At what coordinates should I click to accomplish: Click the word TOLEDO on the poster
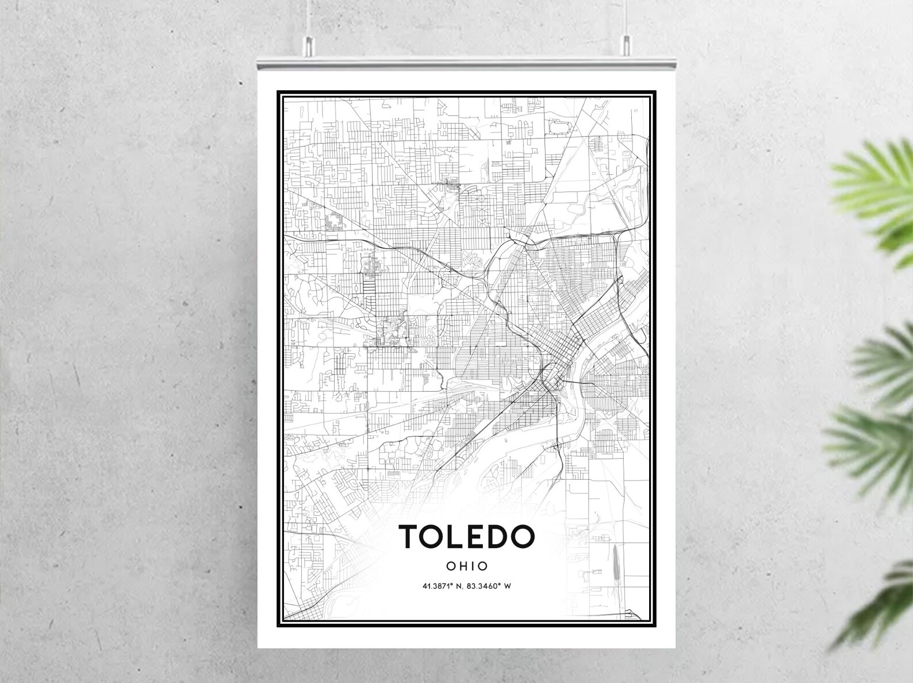coord(467,536)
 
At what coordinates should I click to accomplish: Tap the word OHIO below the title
coord(467,566)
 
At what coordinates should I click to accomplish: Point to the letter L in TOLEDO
coord(457,536)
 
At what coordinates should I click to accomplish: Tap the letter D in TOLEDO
coord(500,536)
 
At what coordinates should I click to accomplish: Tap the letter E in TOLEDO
coord(478,536)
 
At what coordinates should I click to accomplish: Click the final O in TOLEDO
coord(523,536)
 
